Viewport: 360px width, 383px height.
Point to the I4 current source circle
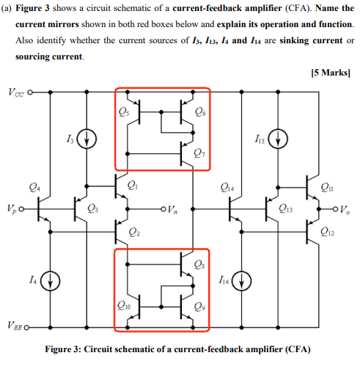49,280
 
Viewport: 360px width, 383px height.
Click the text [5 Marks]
332,73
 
